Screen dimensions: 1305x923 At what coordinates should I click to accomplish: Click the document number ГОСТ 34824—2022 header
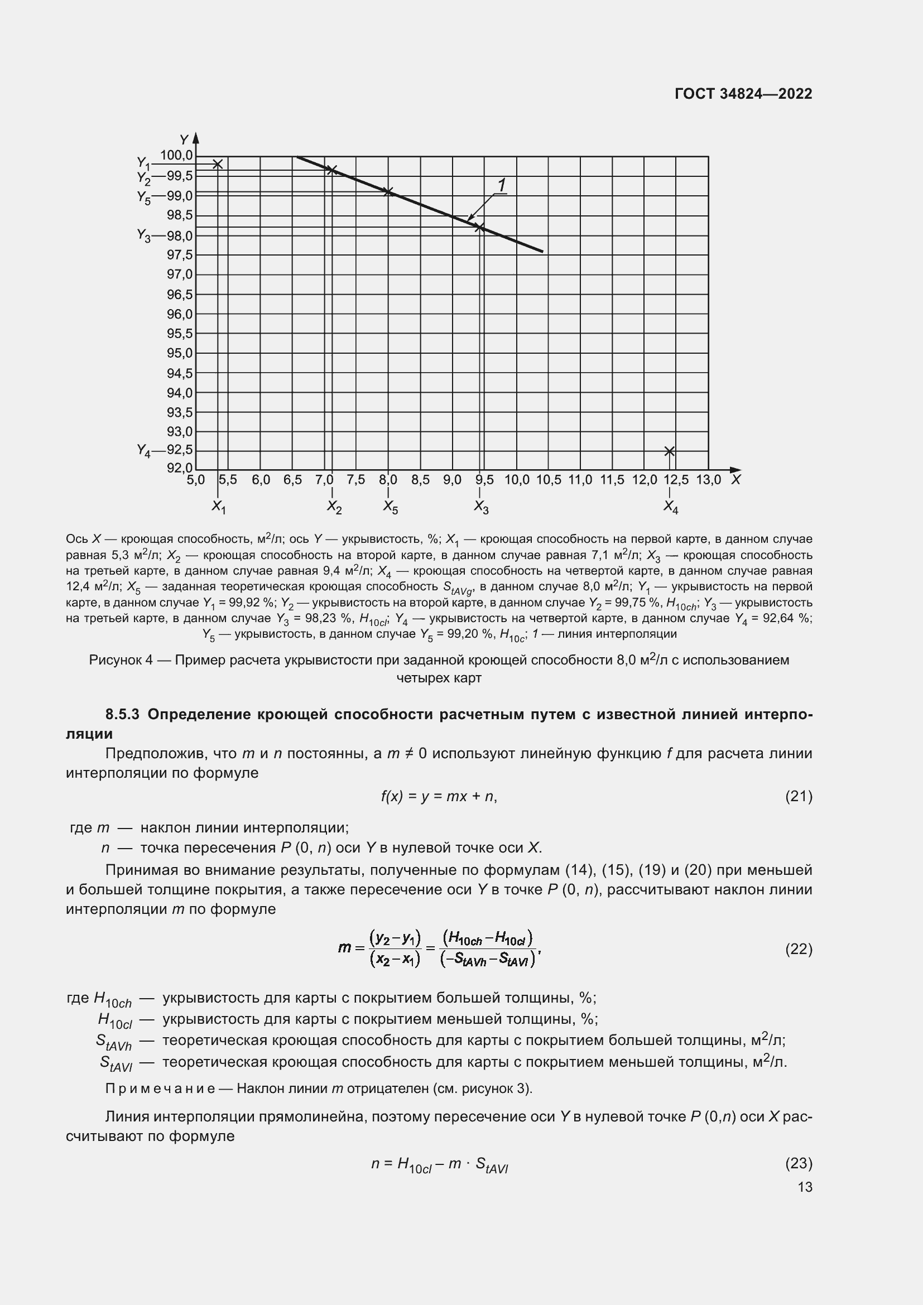click(x=743, y=94)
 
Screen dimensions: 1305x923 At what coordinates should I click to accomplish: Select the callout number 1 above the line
click(x=502, y=185)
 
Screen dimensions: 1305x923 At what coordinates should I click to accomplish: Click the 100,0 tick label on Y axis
click(x=176, y=155)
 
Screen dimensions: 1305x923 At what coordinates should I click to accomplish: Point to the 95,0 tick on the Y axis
click(x=179, y=353)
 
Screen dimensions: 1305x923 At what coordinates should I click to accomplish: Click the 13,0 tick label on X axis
click(x=708, y=480)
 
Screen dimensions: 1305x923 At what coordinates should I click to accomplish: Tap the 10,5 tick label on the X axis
click(x=549, y=480)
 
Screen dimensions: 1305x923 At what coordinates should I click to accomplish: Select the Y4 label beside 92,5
click(x=143, y=451)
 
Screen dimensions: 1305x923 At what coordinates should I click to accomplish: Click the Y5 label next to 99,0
click(x=143, y=197)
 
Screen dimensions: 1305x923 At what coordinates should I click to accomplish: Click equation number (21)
click(x=799, y=796)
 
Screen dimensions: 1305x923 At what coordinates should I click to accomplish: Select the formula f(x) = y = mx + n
click(x=439, y=796)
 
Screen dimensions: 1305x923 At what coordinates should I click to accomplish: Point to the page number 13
click(x=805, y=1187)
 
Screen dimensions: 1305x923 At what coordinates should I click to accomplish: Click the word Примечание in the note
click(x=160, y=1089)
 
